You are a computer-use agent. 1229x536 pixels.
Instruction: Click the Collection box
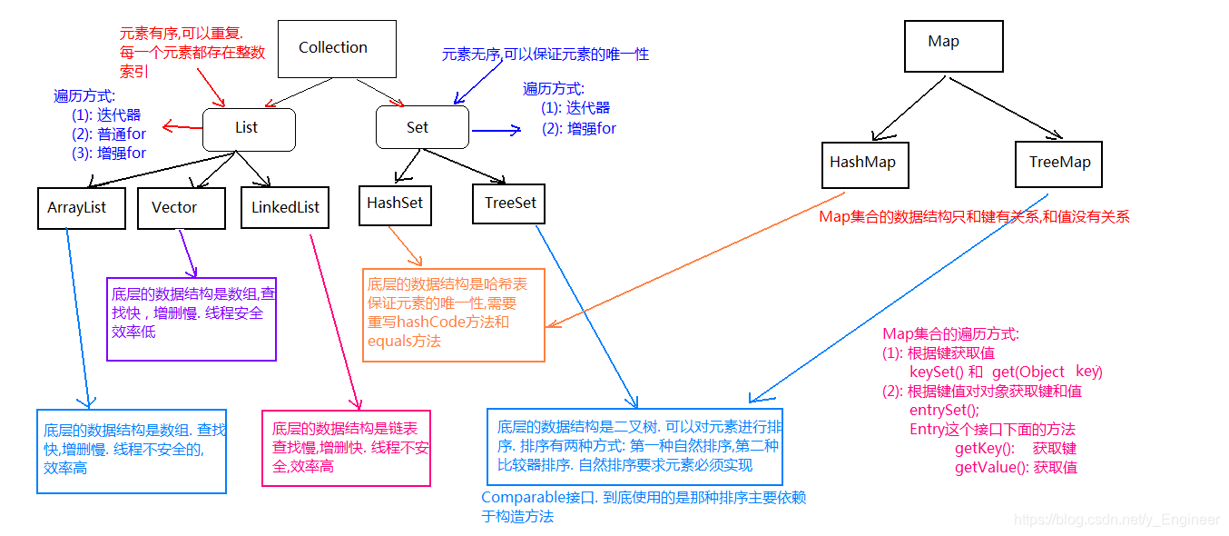click(x=333, y=47)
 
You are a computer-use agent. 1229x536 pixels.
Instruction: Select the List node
click(x=247, y=128)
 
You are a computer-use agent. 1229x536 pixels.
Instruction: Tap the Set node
click(x=418, y=128)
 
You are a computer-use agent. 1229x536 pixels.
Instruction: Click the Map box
click(x=944, y=42)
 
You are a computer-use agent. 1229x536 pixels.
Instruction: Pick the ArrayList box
click(x=77, y=207)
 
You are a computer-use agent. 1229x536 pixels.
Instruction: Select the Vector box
click(x=174, y=207)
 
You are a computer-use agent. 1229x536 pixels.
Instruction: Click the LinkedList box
click(x=286, y=207)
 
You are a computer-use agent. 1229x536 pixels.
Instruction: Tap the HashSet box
click(x=395, y=203)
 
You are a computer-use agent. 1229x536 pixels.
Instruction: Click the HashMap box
click(x=862, y=163)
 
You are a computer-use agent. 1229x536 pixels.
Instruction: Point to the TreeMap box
click(x=1059, y=164)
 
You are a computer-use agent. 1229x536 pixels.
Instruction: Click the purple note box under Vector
click(x=191, y=319)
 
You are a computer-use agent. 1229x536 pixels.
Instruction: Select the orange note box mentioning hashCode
click(x=454, y=314)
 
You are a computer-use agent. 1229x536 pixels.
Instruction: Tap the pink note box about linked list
click(x=346, y=448)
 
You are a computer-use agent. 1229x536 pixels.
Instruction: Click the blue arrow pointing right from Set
click(x=496, y=130)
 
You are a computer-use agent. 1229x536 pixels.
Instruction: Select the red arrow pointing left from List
click(x=182, y=127)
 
